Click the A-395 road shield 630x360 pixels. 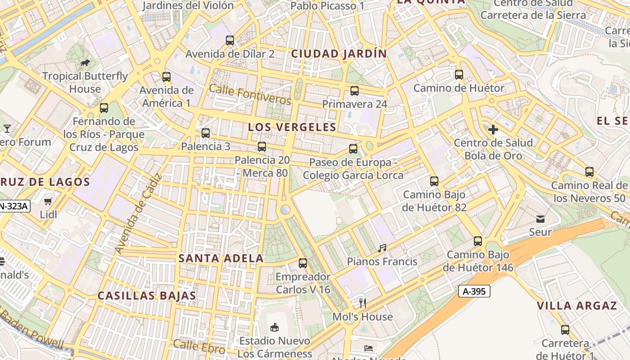pyautogui.click(x=474, y=291)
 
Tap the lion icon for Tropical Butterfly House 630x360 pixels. pyautogui.click(x=85, y=63)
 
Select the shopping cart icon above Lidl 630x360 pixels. pyautogui.click(x=48, y=201)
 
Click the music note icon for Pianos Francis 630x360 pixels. pyautogui.click(x=382, y=248)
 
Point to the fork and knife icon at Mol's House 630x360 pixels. pyautogui.click(x=362, y=303)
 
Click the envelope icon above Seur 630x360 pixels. pyautogui.click(x=540, y=219)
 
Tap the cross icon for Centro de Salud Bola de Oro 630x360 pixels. pyautogui.click(x=493, y=130)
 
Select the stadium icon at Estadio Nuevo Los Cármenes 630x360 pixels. pyautogui.click(x=274, y=327)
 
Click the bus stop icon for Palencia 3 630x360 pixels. pyautogui.click(x=206, y=133)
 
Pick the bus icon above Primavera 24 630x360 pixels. pyautogui.click(x=355, y=91)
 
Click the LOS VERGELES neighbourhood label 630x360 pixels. pyautogui.click(x=292, y=127)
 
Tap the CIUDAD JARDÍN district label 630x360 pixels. pyautogui.click(x=339, y=54)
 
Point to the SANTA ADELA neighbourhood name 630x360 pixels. pyautogui.click(x=221, y=258)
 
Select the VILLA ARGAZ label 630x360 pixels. pyautogui.click(x=576, y=306)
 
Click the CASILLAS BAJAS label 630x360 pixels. pyautogui.click(x=147, y=296)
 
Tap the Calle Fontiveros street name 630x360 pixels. pyautogui.click(x=250, y=94)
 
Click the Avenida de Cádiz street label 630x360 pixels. pyautogui.click(x=139, y=214)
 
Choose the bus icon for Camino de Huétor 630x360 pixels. pyautogui.click(x=459, y=75)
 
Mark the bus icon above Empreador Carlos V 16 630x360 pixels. pyautogui.click(x=303, y=263)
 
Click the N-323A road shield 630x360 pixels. pyautogui.click(x=13, y=207)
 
